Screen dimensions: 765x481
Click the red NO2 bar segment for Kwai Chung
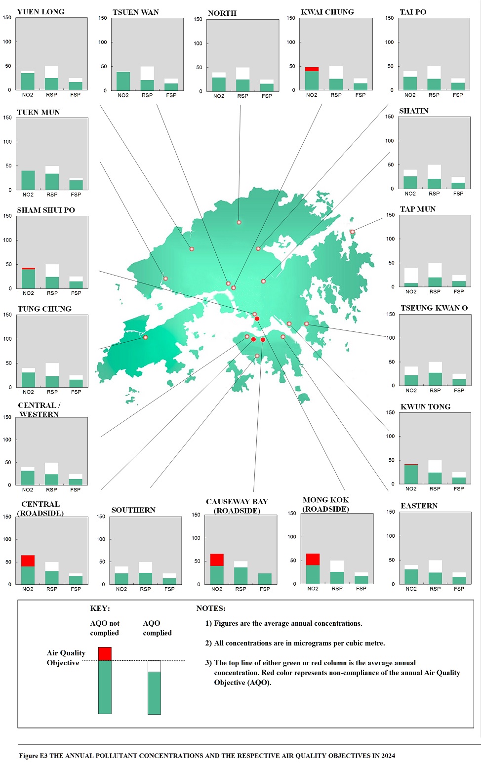(312, 69)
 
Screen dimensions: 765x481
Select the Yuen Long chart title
(40, 12)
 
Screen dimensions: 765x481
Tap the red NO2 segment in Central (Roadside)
(28, 561)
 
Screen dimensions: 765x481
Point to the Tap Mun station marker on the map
(352, 232)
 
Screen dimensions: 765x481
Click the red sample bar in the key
(105, 653)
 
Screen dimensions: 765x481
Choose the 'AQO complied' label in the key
(157, 628)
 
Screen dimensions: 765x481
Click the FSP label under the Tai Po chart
(458, 95)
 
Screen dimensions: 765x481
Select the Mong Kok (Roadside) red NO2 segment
(313, 559)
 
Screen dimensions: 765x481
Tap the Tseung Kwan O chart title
(434, 308)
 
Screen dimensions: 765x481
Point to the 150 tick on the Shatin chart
(390, 117)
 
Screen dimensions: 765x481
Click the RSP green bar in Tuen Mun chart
(52, 181)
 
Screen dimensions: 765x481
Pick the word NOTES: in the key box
(211, 608)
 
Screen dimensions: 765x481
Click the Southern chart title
(133, 510)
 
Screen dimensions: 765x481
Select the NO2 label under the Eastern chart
(411, 589)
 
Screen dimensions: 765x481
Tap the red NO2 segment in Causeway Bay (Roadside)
(217, 560)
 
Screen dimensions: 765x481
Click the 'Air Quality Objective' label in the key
(66, 658)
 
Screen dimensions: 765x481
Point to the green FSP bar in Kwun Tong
(459, 480)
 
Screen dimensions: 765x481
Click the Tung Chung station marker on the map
(145, 337)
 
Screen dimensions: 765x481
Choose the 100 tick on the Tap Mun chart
(390, 239)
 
